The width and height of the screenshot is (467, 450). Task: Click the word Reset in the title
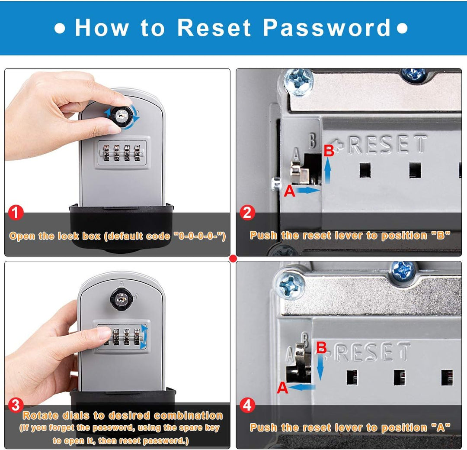click(214, 28)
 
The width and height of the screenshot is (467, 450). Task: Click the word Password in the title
click(327, 28)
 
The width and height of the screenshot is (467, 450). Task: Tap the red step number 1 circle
click(16, 213)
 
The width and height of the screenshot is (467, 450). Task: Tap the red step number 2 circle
click(247, 213)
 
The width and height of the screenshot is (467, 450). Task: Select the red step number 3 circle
click(16, 405)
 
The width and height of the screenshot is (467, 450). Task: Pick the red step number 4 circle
click(247, 405)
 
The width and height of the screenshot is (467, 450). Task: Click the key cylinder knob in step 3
click(121, 299)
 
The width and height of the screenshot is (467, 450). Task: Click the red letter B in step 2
click(329, 151)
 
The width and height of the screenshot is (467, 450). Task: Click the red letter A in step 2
click(289, 191)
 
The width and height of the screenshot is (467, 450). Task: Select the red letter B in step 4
click(321, 348)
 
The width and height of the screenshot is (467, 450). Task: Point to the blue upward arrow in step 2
click(328, 170)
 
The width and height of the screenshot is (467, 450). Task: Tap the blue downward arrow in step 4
click(320, 367)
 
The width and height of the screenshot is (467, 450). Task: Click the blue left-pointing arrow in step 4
click(302, 387)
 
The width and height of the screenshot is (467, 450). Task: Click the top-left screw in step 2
click(298, 82)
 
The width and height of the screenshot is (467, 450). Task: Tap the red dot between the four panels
click(233, 259)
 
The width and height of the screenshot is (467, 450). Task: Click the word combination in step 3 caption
click(188, 415)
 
